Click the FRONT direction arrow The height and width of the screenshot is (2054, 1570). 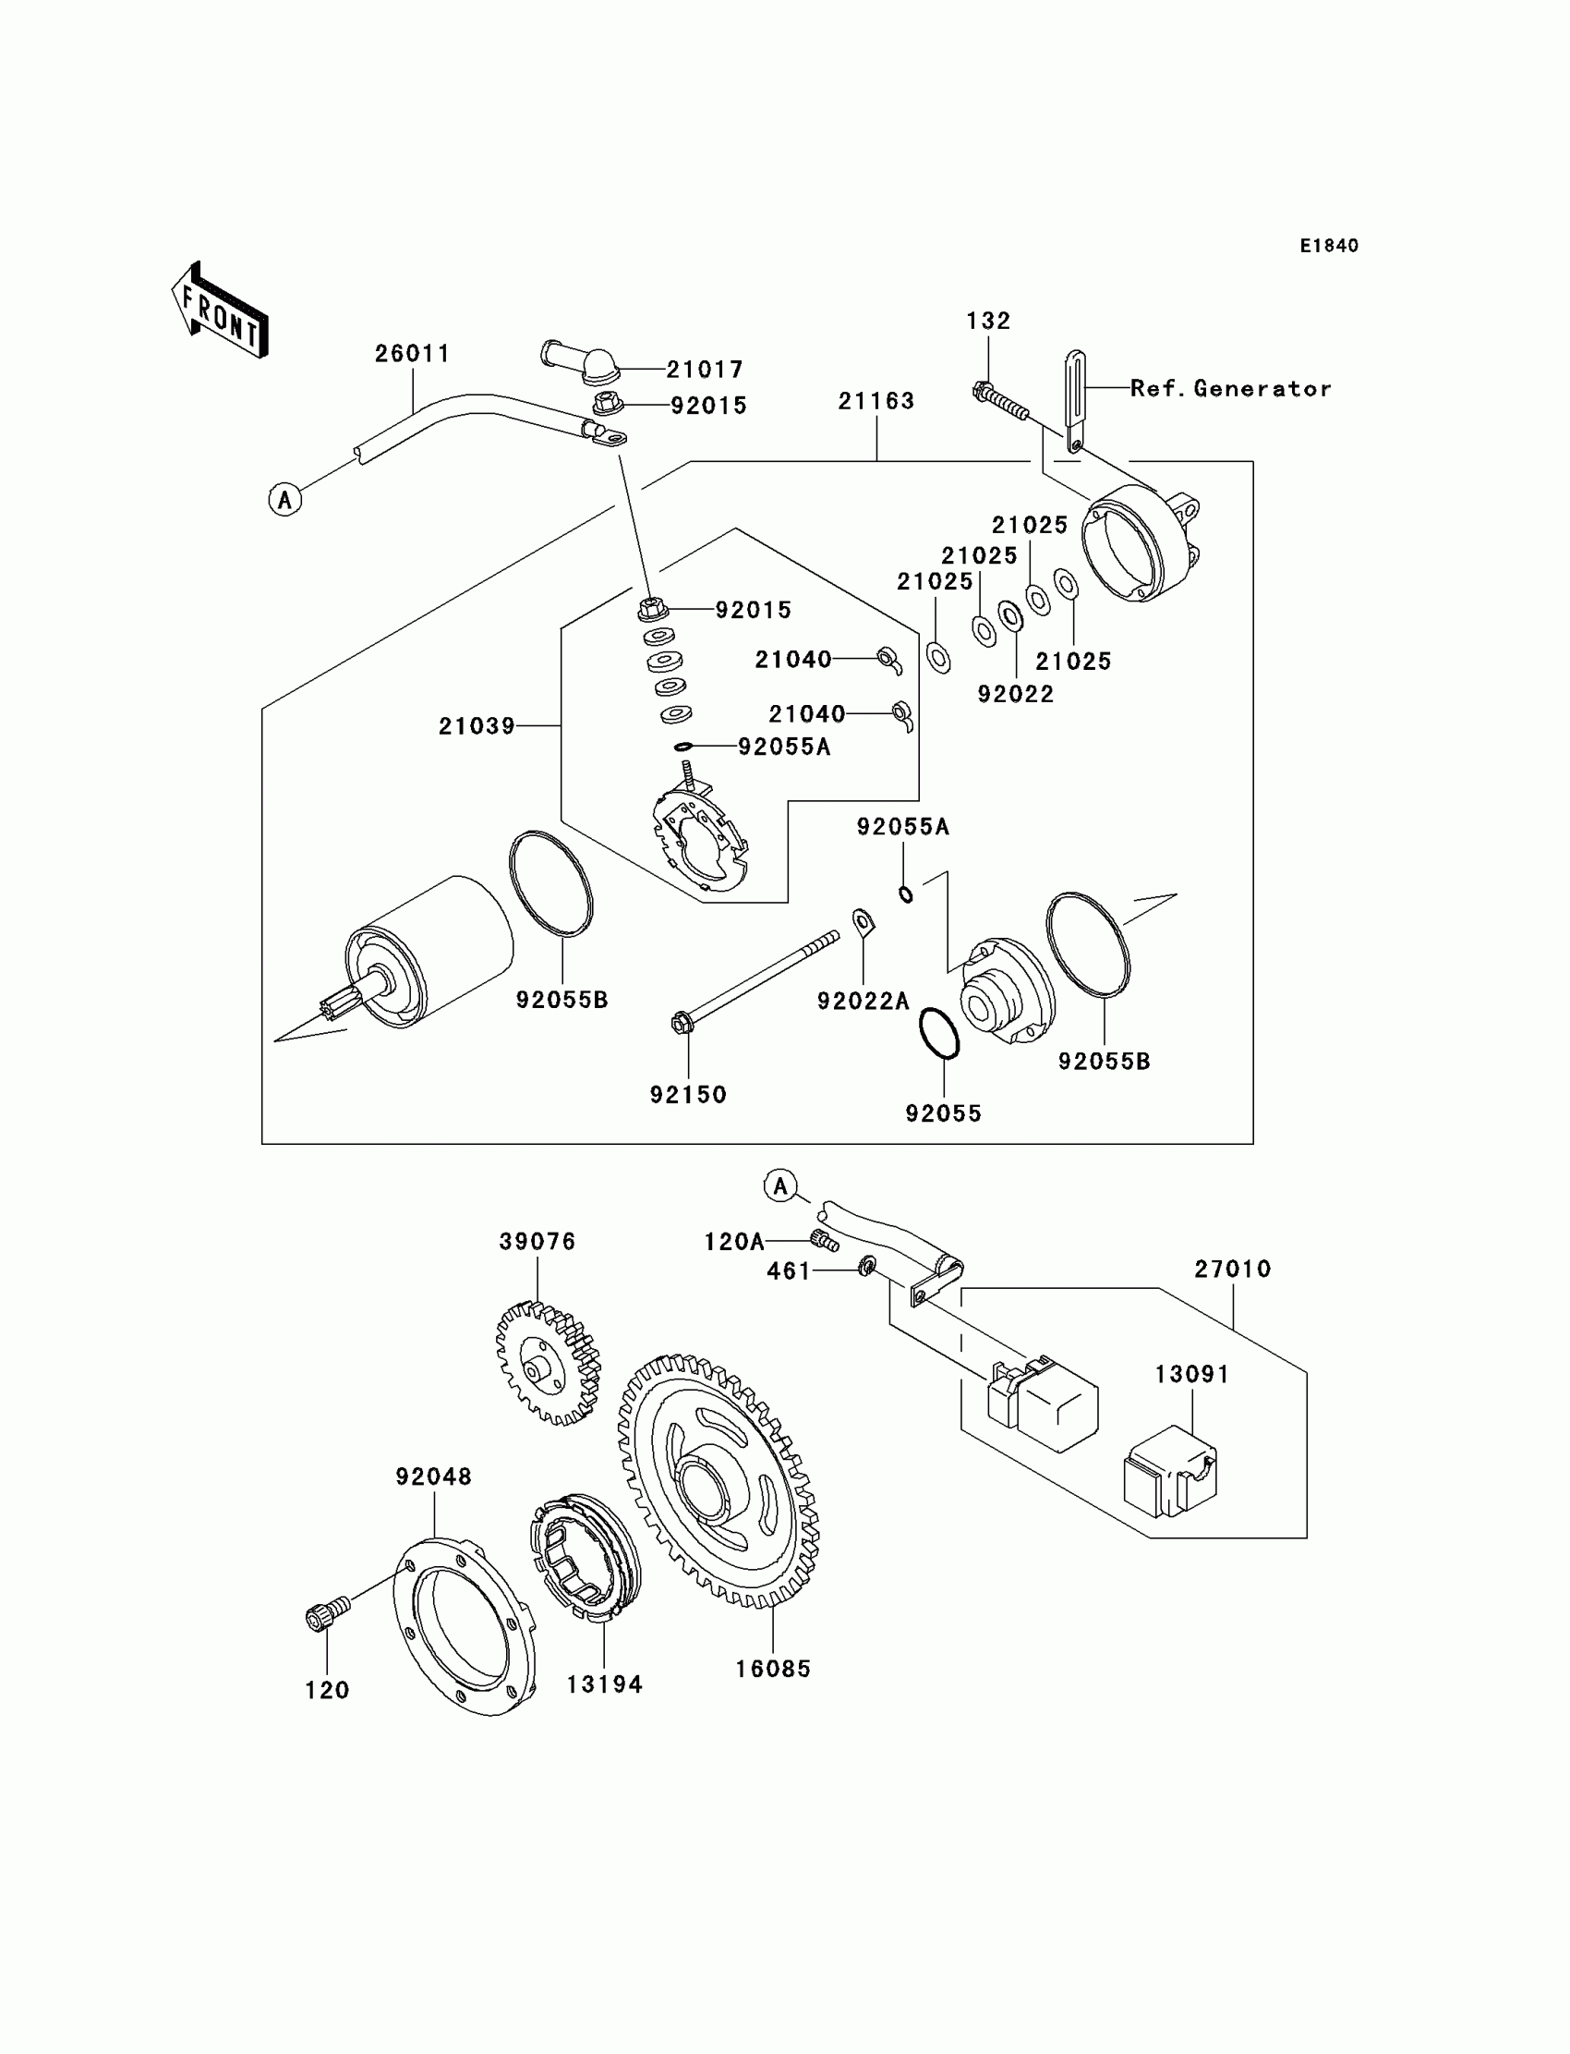pyautogui.click(x=220, y=310)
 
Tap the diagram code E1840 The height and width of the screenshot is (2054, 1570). pyautogui.click(x=1329, y=246)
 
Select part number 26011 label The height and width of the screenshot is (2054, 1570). pyautogui.click(x=412, y=353)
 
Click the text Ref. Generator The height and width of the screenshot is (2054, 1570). pyautogui.click(x=1231, y=388)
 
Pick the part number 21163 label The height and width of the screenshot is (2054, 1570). pyautogui.click(x=876, y=400)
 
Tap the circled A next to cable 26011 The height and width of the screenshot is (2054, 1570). pyautogui.click(x=285, y=499)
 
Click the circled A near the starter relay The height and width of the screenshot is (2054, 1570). pyautogui.click(x=780, y=1186)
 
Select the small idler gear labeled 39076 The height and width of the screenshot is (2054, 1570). pyautogui.click(x=548, y=1362)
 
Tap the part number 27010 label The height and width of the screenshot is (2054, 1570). pyautogui.click(x=1233, y=1269)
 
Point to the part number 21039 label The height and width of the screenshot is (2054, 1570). pyautogui.click(x=477, y=725)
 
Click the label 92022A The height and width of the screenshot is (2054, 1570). pyautogui.click(x=863, y=1002)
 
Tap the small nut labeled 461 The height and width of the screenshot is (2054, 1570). pyautogui.click(x=866, y=1268)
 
